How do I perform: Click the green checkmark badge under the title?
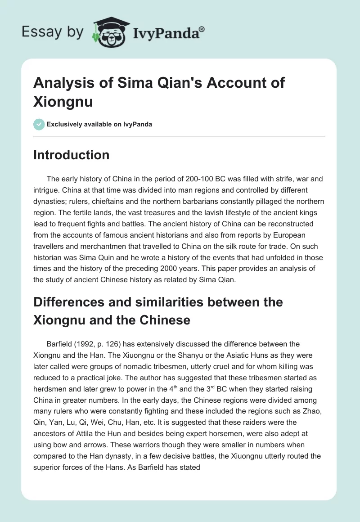click(x=39, y=124)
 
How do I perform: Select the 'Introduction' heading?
click(x=72, y=155)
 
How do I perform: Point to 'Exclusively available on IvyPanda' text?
click(x=99, y=124)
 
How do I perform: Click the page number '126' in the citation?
click(x=100, y=344)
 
